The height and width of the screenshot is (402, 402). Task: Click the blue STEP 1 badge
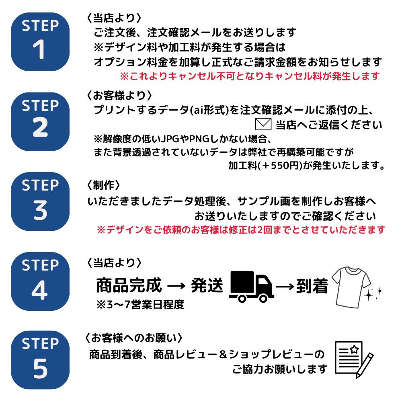tap(40, 42)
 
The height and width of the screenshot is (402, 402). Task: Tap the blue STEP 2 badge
tap(40, 121)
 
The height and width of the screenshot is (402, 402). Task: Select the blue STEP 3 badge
tap(40, 201)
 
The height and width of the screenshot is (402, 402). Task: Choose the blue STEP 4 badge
tap(40, 281)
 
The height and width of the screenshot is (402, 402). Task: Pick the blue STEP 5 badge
tap(40, 360)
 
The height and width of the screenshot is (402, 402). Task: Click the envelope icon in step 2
tap(263, 124)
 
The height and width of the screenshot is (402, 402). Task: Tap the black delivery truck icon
tap(252, 286)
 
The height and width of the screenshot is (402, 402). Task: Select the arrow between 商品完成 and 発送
tap(176, 285)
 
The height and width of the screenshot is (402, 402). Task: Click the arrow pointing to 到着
tap(285, 286)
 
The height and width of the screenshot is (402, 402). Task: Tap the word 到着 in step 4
tap(312, 286)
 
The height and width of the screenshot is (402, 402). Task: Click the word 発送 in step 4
tap(207, 285)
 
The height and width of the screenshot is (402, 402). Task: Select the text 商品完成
tap(129, 285)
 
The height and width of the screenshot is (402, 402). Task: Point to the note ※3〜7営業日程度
tap(140, 305)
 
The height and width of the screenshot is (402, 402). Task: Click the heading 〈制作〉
tap(103, 185)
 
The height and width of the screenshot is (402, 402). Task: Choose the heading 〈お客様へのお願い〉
tap(133, 338)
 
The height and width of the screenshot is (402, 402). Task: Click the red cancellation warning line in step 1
tap(250, 76)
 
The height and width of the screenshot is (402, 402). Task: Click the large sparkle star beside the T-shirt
tap(369, 295)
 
